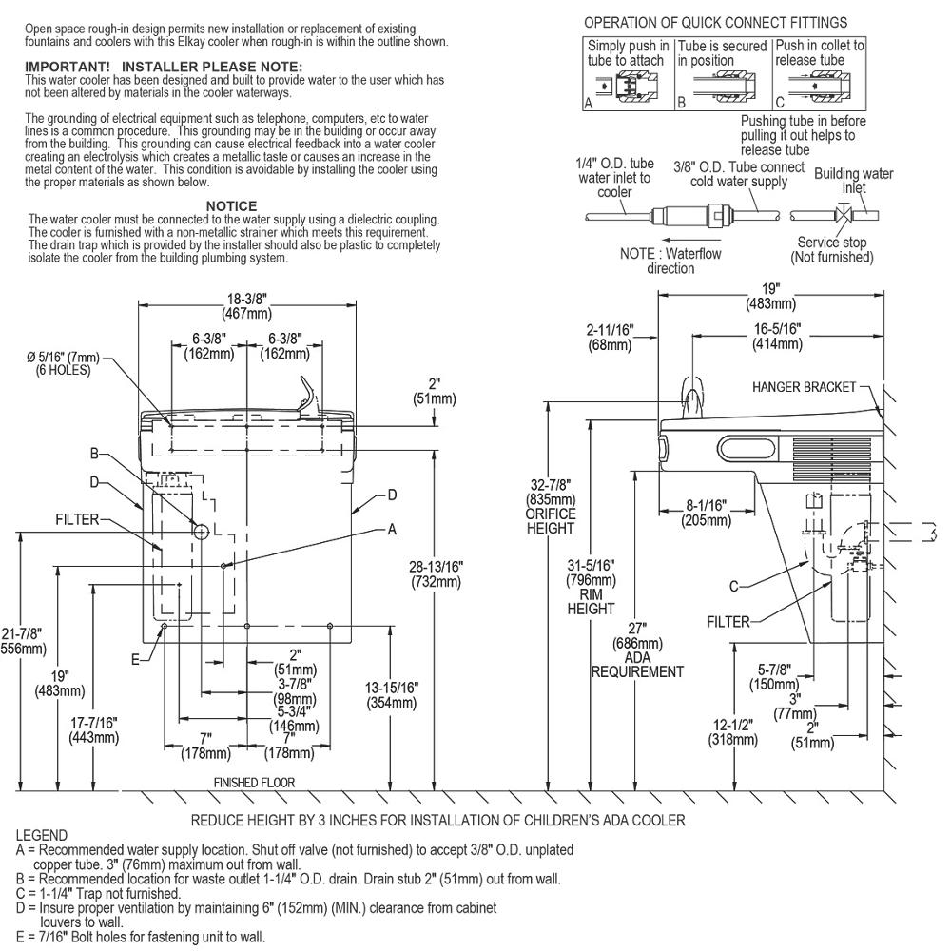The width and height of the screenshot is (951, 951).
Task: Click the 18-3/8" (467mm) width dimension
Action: tap(247, 306)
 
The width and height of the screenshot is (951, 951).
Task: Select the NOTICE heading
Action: tap(231, 205)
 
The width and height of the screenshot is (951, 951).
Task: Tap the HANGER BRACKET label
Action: tap(804, 387)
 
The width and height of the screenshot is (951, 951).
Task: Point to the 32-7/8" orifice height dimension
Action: tap(550, 506)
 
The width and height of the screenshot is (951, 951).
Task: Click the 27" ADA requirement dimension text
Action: tap(637, 650)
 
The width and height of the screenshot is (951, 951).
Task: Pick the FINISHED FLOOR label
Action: tap(254, 783)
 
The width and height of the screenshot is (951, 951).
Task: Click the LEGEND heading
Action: tap(42, 835)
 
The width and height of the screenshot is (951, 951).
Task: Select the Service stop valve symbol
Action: tap(844, 215)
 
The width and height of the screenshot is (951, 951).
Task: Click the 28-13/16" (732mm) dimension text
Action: tap(436, 574)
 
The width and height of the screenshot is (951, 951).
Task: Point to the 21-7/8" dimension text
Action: tap(23, 641)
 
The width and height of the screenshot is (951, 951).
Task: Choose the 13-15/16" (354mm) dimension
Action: tap(391, 695)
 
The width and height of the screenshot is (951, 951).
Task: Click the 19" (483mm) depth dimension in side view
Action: tap(770, 297)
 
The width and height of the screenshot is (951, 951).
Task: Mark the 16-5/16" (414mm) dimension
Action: tap(777, 337)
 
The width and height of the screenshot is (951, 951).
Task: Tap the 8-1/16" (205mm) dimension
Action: tap(706, 513)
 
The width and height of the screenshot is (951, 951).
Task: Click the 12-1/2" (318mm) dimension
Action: tap(732, 732)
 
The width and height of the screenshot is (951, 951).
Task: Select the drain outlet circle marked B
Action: tap(201, 532)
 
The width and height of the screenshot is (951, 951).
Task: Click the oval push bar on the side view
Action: tap(747, 450)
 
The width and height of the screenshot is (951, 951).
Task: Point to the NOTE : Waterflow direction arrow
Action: tap(687, 240)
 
